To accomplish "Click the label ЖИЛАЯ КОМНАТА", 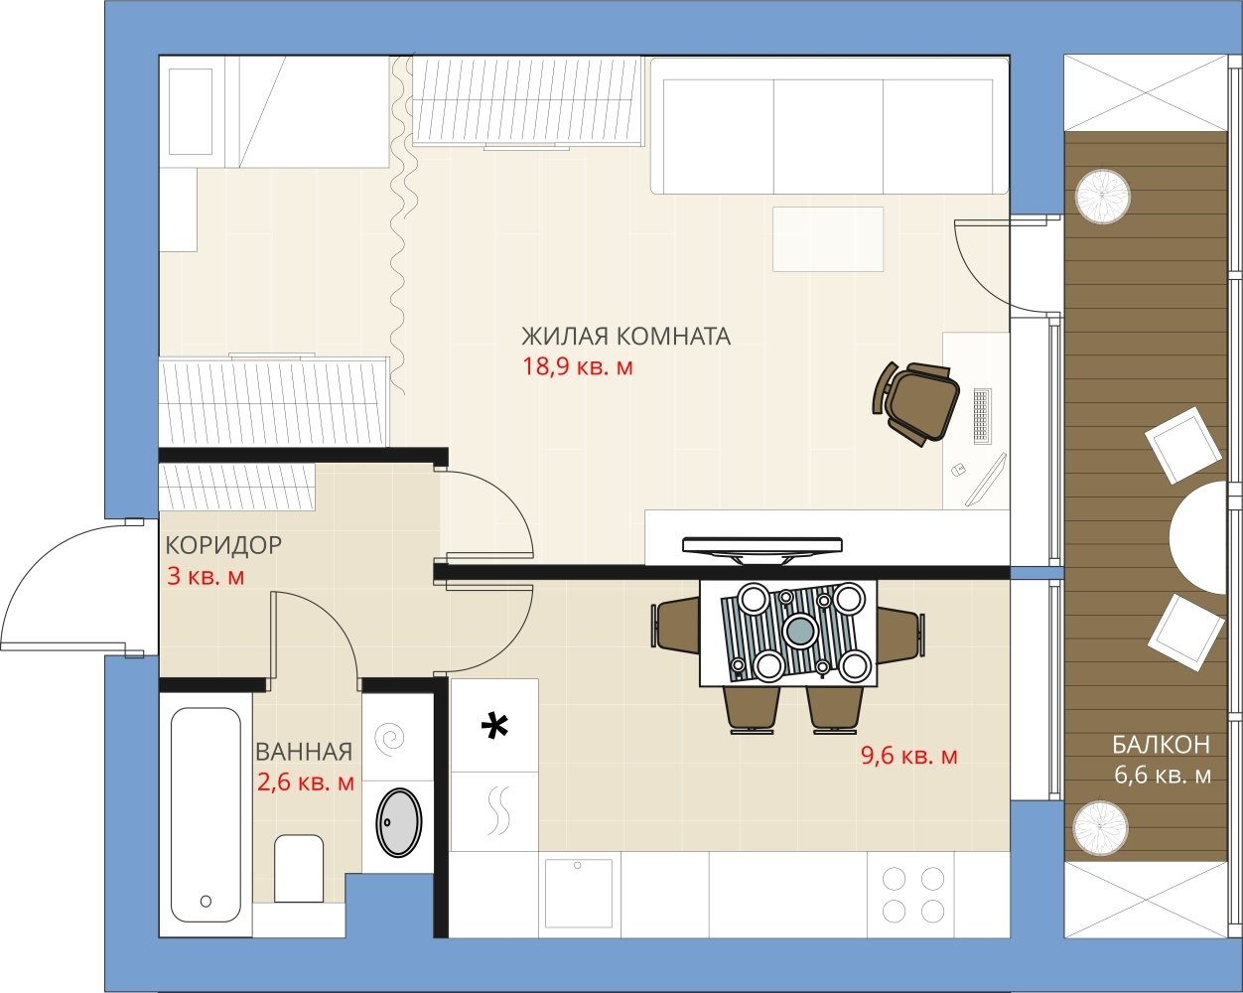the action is [x=626, y=336].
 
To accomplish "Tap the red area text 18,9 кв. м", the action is [x=578, y=366].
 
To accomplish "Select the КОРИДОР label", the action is [x=223, y=545].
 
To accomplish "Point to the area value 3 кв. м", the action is [x=206, y=576].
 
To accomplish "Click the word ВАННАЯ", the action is [x=304, y=752].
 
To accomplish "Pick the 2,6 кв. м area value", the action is [x=306, y=782].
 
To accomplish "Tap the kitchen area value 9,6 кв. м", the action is [x=909, y=756].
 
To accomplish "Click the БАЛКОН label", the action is [x=1161, y=745].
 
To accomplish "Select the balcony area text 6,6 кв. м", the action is [x=1163, y=776].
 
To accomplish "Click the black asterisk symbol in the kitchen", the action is [x=494, y=726].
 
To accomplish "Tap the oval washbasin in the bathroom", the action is [x=398, y=822].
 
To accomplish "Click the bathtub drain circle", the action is [x=206, y=901].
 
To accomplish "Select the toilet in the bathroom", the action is [x=299, y=868].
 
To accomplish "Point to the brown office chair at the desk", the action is [x=915, y=402].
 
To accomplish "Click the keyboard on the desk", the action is [x=982, y=416].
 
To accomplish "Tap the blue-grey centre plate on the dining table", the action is [x=800, y=630].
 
